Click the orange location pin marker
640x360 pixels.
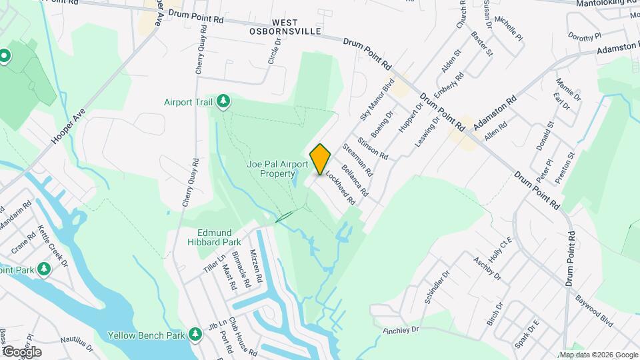(x=320, y=159)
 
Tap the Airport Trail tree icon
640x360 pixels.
(x=224, y=101)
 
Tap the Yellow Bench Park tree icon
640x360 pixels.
(x=195, y=333)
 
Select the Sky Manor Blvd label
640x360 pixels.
(x=377, y=97)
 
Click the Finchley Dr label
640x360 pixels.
(x=400, y=329)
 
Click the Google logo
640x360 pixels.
(x=22, y=351)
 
